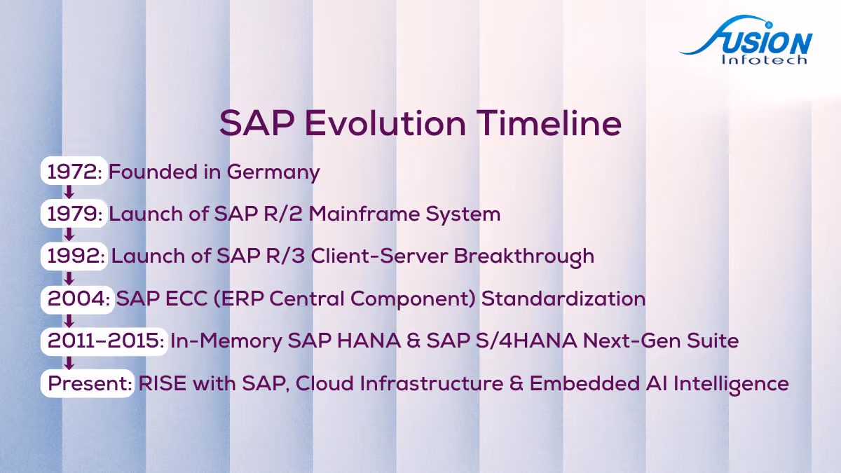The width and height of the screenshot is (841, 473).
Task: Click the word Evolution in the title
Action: [x=385, y=123]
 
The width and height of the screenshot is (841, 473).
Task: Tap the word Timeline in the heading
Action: [x=549, y=123]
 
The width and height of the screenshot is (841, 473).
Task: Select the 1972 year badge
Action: [x=74, y=171]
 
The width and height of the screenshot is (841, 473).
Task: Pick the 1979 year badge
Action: [x=74, y=213]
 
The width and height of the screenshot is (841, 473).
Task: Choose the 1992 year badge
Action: [x=74, y=256]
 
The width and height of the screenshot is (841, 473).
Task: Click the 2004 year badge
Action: [x=77, y=299]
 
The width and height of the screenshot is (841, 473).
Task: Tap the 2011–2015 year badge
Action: [x=104, y=341]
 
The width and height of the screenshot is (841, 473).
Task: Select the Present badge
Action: [x=88, y=383]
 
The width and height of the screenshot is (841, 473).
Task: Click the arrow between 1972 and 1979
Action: [x=69, y=192]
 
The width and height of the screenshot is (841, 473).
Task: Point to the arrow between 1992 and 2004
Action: [x=69, y=278]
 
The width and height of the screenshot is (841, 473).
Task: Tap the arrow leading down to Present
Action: [x=69, y=363]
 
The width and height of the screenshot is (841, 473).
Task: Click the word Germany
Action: [x=273, y=172]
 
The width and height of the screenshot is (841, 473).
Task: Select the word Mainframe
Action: [x=364, y=214]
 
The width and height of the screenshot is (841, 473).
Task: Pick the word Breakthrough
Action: [x=524, y=257]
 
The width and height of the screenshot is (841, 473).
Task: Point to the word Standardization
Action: [x=563, y=299]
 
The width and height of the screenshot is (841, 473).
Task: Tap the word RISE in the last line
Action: [x=163, y=383]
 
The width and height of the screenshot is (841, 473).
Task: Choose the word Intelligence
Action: [x=732, y=385]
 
